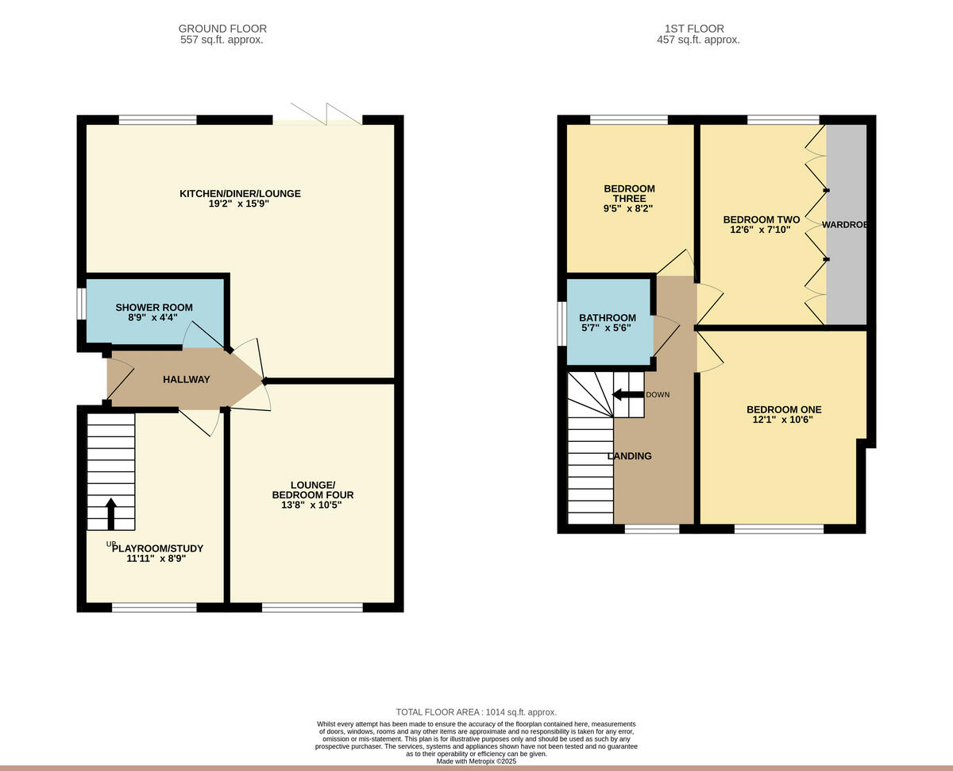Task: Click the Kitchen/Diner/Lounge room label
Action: pyautogui.click(x=240, y=193)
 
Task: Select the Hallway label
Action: pyautogui.click(x=187, y=379)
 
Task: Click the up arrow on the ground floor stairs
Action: pyautogui.click(x=110, y=513)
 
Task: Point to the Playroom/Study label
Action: pyautogui.click(x=157, y=548)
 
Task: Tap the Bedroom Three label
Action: pyautogui.click(x=629, y=193)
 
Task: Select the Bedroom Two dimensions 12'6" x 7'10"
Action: pyautogui.click(x=760, y=230)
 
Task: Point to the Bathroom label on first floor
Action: pyautogui.click(x=607, y=317)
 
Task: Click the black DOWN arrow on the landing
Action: pyautogui.click(x=627, y=394)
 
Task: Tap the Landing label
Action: pyautogui.click(x=629, y=456)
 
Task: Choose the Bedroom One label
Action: pyautogui.click(x=783, y=409)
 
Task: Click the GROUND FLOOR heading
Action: pyautogui.click(x=222, y=29)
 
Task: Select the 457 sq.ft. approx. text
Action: pyautogui.click(x=698, y=40)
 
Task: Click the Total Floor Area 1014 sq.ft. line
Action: pyautogui.click(x=476, y=712)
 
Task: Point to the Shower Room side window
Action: pyautogui.click(x=80, y=304)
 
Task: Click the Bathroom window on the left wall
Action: pyautogui.click(x=561, y=324)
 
